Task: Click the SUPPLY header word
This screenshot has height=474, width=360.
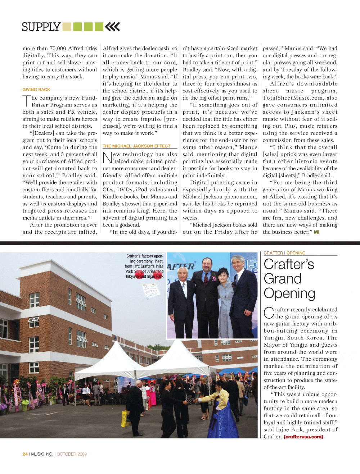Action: (41, 27)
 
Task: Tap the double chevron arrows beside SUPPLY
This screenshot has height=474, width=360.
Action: (112, 27)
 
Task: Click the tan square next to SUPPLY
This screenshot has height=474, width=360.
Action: (67, 27)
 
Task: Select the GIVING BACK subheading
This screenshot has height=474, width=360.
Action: (36, 90)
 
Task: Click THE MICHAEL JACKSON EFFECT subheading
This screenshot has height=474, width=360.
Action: (136, 146)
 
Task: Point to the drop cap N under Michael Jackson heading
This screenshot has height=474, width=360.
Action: (107, 158)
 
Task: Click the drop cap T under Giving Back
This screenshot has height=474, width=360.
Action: (27, 101)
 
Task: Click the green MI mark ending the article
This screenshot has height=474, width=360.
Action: (316, 232)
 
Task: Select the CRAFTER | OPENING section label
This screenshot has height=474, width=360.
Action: (284, 253)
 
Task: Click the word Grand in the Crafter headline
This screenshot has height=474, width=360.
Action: (283, 279)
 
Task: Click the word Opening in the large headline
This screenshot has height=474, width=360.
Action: (289, 293)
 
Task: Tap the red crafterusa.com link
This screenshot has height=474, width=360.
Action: (303, 437)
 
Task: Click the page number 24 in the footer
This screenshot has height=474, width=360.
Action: (25, 454)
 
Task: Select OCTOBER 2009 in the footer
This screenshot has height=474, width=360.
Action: (72, 454)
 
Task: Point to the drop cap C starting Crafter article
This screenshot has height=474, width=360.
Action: (269, 313)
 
